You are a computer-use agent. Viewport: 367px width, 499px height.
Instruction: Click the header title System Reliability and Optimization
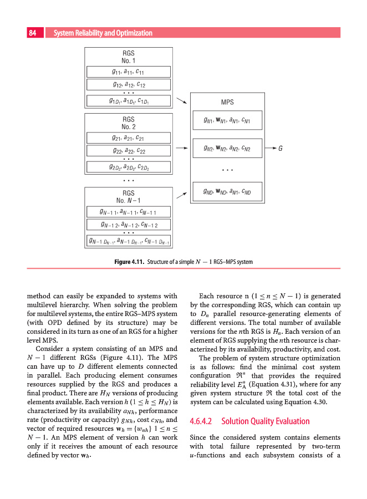point(103,33)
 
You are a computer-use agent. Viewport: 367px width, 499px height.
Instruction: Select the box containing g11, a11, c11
point(128,72)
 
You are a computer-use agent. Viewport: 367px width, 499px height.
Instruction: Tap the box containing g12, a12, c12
point(128,84)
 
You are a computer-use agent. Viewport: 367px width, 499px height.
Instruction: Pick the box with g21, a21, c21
point(128,137)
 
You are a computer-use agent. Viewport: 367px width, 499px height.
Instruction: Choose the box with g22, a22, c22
point(128,150)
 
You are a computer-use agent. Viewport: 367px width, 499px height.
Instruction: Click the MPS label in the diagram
point(227,102)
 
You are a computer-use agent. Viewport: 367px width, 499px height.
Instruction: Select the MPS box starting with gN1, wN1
point(227,120)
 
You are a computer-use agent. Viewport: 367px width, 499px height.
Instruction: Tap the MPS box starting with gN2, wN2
point(227,149)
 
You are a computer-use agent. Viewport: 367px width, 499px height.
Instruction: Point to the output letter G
point(281,149)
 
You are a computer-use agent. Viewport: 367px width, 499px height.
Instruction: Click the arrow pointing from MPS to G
point(270,149)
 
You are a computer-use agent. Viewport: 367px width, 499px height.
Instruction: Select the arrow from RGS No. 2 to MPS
point(181,149)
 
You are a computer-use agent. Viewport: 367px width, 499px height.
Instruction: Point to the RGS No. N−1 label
point(128,196)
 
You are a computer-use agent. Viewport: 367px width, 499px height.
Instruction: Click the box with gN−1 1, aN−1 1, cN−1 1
point(128,212)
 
